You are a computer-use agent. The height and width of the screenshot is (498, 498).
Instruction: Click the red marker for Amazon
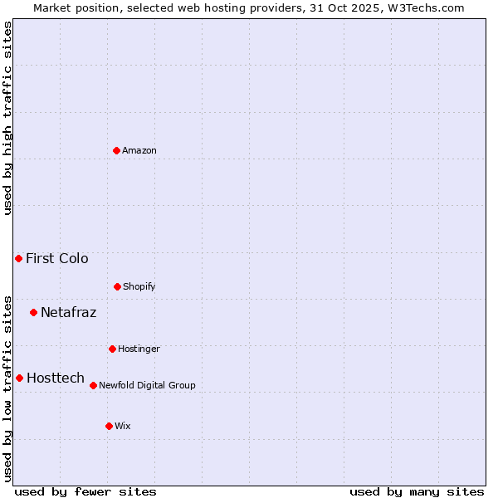[116, 150]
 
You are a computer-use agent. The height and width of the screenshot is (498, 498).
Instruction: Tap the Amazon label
[139, 151]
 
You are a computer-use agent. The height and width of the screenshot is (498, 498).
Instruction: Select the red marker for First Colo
[18, 258]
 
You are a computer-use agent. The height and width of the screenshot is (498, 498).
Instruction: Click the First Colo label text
[56, 259]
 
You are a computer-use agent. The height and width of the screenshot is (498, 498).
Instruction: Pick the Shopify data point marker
[117, 286]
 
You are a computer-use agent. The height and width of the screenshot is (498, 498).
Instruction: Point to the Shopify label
[139, 287]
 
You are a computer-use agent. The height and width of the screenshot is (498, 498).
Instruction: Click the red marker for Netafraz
[33, 312]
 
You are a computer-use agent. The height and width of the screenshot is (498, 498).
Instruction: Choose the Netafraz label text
[68, 313]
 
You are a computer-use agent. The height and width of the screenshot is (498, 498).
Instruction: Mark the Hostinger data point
[112, 349]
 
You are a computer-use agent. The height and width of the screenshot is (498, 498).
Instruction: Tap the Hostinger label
[139, 349]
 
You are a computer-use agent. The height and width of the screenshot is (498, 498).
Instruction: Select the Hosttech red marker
[19, 378]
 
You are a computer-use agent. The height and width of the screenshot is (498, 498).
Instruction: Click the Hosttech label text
[56, 378]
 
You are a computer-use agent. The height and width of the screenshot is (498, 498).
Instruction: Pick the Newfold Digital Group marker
[93, 385]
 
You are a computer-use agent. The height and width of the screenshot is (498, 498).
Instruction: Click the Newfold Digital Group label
[147, 386]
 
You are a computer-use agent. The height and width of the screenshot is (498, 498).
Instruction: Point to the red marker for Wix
[109, 426]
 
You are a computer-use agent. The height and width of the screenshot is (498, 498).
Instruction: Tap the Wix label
[123, 427]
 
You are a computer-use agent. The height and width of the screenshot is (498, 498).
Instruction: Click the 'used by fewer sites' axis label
[85, 491]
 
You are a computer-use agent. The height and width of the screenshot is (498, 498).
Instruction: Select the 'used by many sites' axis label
[417, 491]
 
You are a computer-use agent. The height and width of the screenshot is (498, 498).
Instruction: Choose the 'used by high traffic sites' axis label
[8, 118]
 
